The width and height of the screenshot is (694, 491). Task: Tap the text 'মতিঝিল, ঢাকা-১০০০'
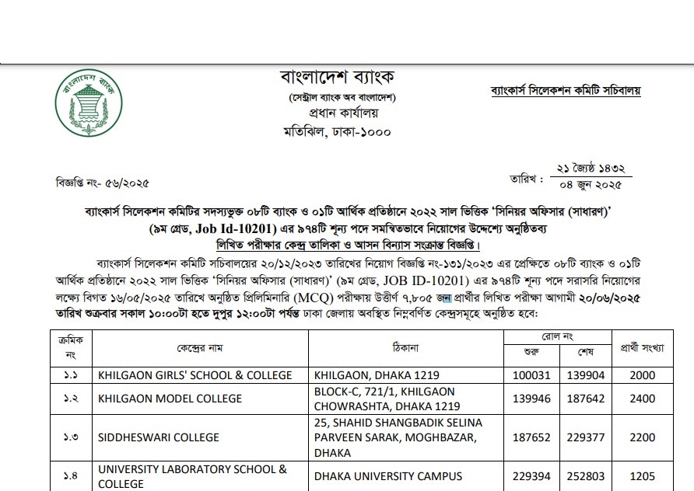click(x=338, y=131)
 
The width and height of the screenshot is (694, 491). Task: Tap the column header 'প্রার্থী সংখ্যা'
click(x=642, y=347)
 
